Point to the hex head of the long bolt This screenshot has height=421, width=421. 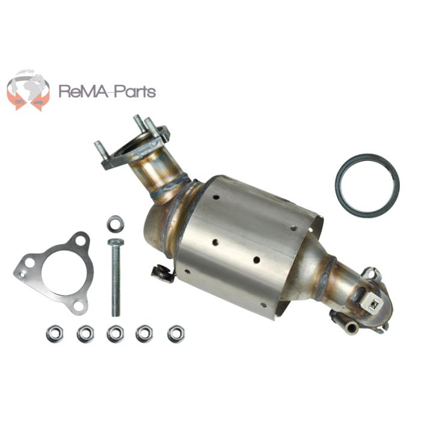tap(115, 242)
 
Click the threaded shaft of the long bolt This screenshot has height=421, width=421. tap(115, 283)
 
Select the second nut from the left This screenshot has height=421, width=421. tap(85, 333)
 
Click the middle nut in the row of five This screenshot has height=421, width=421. tap(115, 333)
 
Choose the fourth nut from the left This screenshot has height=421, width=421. tap(144, 333)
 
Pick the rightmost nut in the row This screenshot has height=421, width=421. tap(176, 332)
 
